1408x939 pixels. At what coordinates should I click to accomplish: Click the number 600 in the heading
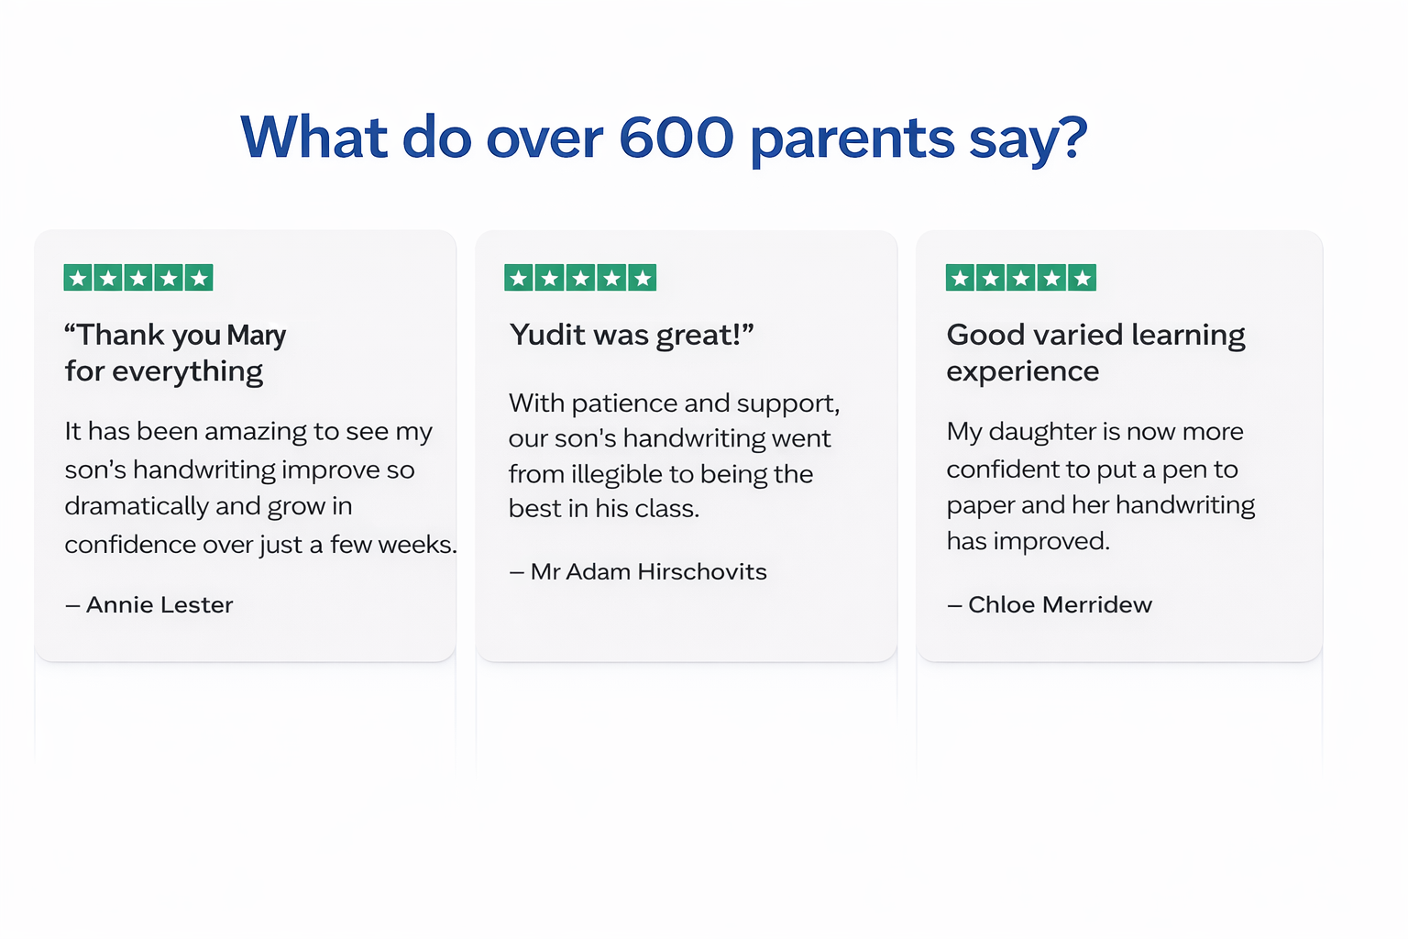pos(676,137)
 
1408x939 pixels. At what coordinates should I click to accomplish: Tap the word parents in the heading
pos(852,140)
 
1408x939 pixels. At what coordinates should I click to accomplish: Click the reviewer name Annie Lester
pos(159,604)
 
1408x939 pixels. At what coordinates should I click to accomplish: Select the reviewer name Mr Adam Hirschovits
pos(649,571)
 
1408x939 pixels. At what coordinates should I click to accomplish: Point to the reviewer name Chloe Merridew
pos(1060,604)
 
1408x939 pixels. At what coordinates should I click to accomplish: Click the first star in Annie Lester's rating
pos(78,277)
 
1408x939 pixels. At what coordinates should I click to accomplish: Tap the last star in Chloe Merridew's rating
pos(1082,277)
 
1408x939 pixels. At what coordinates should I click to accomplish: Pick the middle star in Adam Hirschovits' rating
pos(580,277)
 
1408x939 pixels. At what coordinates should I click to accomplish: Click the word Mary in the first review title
pos(256,336)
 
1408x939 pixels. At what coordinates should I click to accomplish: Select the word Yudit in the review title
pos(547,334)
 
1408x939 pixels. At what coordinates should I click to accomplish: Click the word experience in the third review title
pos(1023,371)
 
